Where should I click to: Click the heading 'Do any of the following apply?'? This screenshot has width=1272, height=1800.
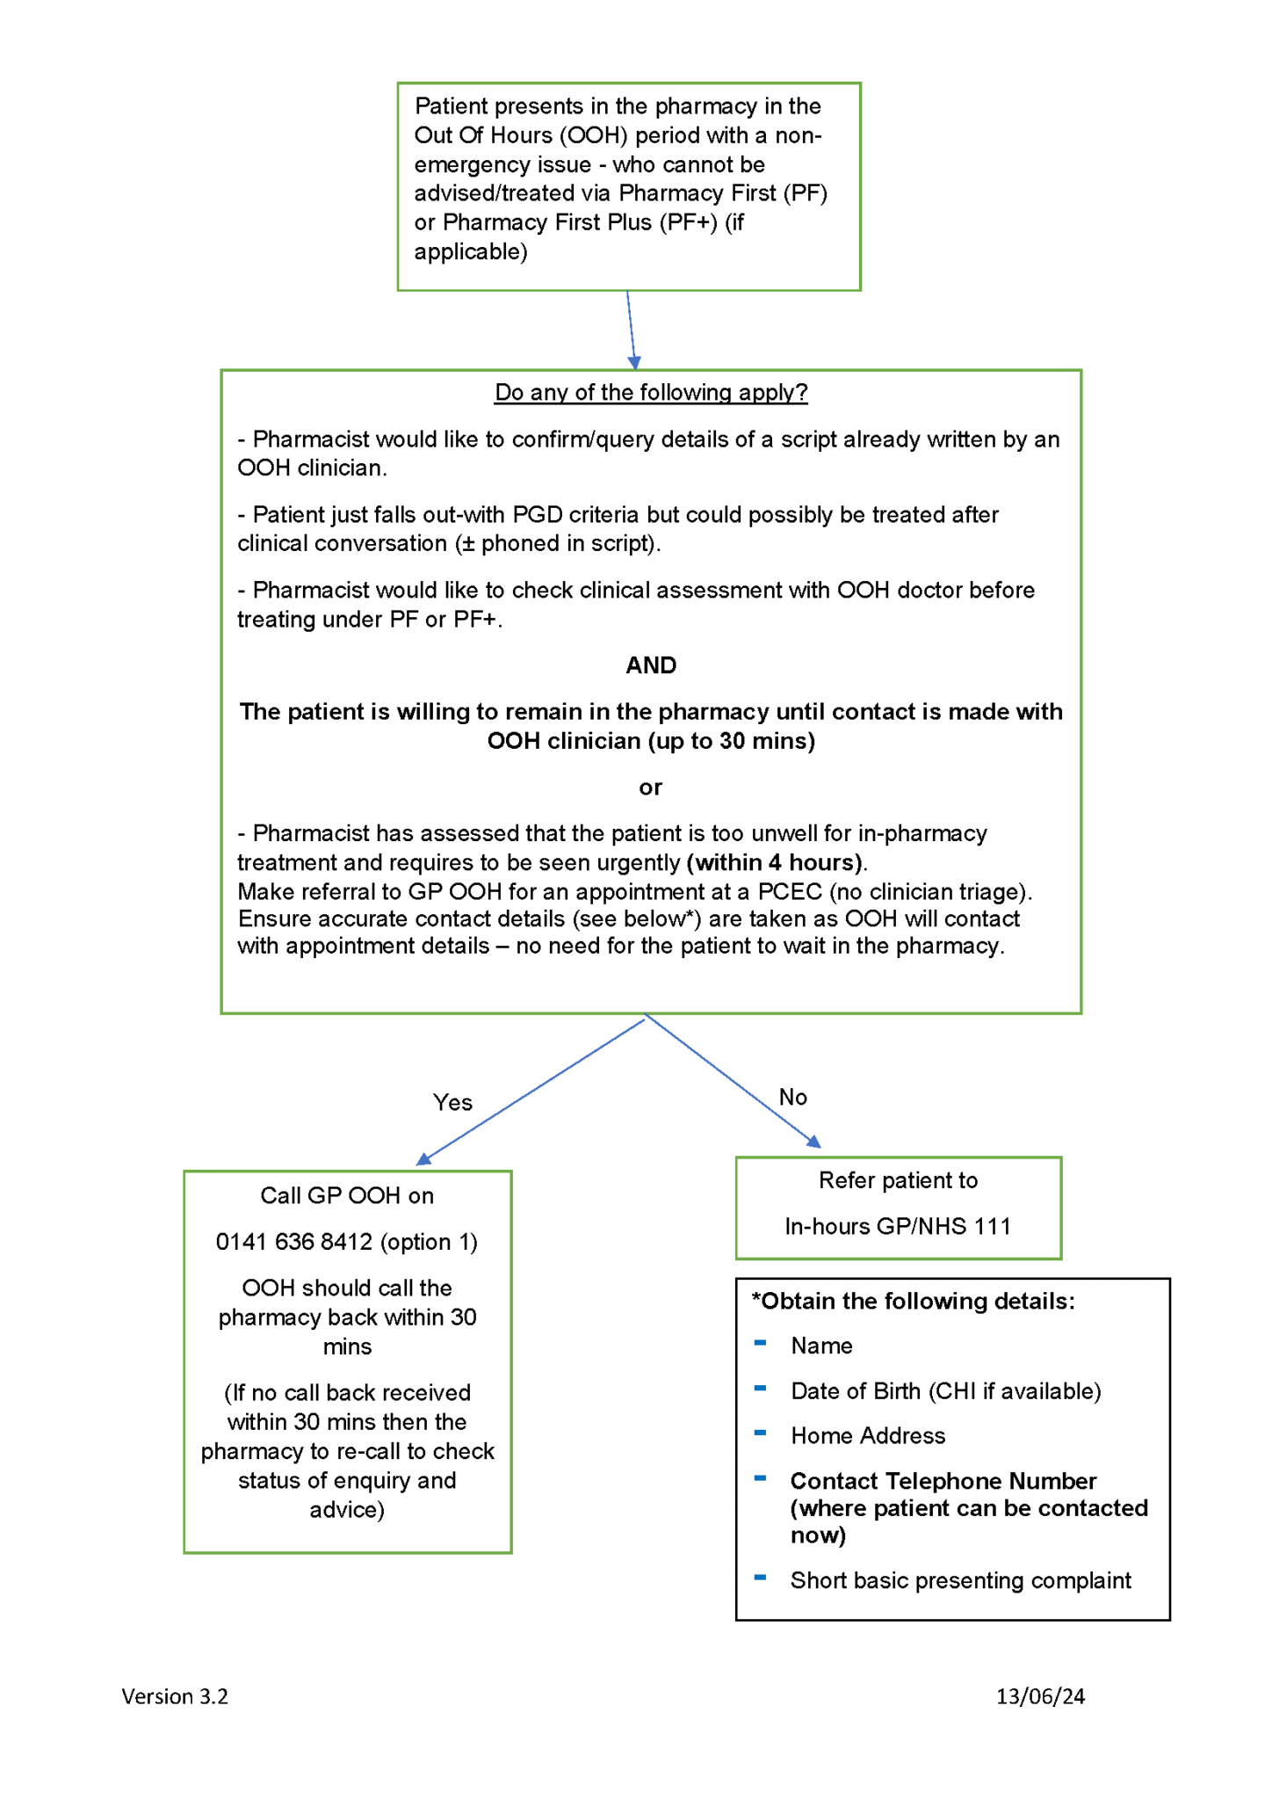(650, 392)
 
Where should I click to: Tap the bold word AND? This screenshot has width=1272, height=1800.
(650, 665)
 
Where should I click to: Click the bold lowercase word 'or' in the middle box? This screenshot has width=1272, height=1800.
(650, 787)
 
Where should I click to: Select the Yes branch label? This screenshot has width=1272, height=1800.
(452, 1102)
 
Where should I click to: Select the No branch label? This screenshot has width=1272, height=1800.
(792, 1097)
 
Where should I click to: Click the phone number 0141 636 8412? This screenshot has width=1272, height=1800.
(294, 1242)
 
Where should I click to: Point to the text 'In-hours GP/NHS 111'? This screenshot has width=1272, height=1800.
(898, 1226)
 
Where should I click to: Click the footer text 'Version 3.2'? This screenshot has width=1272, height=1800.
(175, 1696)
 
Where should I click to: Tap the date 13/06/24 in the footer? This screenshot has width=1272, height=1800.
(1040, 1696)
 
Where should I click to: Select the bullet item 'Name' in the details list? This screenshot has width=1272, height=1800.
(821, 1346)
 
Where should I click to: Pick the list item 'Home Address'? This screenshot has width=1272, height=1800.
(868, 1435)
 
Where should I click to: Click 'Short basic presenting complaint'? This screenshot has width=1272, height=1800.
(960, 1580)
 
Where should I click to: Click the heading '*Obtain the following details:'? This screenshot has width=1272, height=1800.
(914, 1301)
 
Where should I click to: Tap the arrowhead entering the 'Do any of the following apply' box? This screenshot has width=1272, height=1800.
(634, 363)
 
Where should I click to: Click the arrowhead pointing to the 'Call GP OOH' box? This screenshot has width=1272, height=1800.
(423, 1159)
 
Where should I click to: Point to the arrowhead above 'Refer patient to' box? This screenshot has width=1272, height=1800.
(814, 1142)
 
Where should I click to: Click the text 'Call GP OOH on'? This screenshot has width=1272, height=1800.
(347, 1195)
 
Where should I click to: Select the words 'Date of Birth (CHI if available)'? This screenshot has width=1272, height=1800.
(946, 1390)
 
